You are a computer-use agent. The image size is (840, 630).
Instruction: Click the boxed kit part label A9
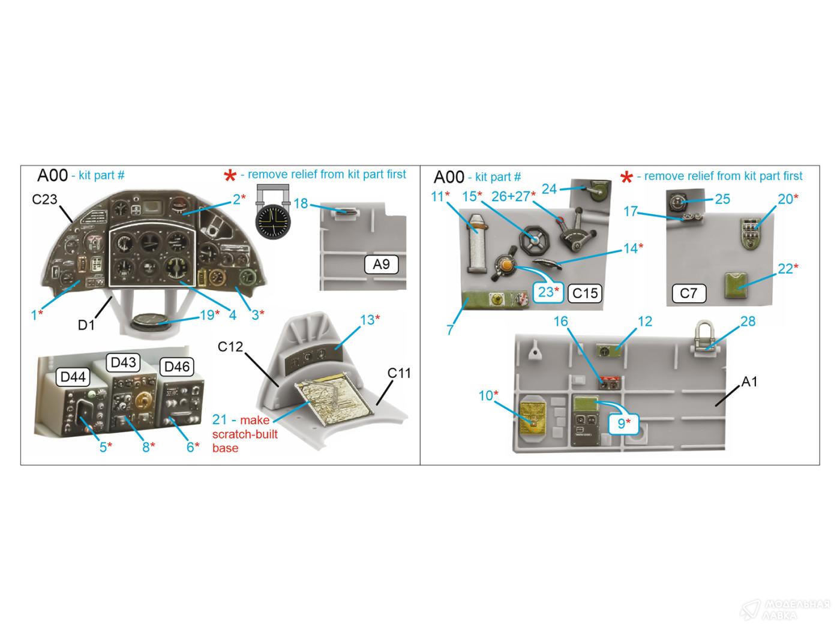[x=381, y=265]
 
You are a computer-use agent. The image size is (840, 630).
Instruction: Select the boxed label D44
[x=73, y=377]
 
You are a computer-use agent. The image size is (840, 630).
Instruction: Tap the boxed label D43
[x=123, y=362]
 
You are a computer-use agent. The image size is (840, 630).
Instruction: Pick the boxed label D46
[x=177, y=367]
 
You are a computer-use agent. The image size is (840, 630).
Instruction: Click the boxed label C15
[x=585, y=293]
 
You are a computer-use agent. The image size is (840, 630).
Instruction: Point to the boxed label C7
[x=689, y=293]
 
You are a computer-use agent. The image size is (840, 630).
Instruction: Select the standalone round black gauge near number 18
[x=272, y=222]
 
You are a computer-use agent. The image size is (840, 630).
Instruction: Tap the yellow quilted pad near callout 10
[x=532, y=419]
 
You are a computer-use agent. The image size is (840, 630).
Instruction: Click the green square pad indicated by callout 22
[x=736, y=286]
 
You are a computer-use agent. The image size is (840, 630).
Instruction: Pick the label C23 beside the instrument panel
[x=44, y=199]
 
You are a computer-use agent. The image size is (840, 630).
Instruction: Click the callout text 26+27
[x=511, y=197]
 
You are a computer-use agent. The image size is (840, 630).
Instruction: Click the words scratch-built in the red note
[x=245, y=434]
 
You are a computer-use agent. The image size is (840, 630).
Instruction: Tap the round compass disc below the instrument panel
[x=148, y=322]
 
